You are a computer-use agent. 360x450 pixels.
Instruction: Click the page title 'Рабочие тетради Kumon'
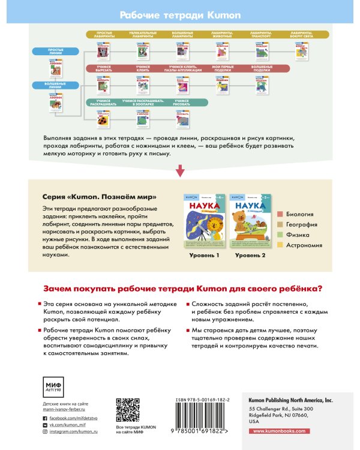[179, 14]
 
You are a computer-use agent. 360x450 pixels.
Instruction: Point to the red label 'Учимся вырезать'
[103, 70]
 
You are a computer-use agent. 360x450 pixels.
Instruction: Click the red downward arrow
[180, 172]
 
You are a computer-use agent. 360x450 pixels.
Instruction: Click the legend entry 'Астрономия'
[304, 245]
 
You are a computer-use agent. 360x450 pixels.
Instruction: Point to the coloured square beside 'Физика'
[280, 235]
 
